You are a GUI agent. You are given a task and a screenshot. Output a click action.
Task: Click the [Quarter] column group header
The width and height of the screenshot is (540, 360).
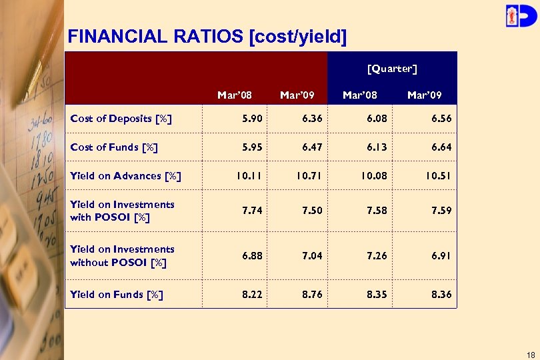pyautogui.click(x=392, y=69)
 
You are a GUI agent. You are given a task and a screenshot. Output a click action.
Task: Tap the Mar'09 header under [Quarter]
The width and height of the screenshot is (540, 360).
pyautogui.click(x=424, y=95)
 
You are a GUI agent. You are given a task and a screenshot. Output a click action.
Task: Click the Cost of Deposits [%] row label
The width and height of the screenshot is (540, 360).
pyautogui.click(x=121, y=119)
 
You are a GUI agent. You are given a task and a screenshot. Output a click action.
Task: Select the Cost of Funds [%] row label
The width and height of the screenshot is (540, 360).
pyautogui.click(x=114, y=147)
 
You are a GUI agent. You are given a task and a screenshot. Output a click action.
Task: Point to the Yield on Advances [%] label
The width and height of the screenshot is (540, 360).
pyautogui.click(x=125, y=176)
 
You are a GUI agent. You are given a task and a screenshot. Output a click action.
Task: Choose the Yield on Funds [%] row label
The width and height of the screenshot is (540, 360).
pyautogui.click(x=117, y=295)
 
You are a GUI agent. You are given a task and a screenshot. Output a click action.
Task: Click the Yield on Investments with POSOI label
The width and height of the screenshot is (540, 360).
pyautogui.click(x=122, y=211)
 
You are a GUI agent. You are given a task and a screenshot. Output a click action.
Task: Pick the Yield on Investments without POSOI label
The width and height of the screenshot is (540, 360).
pyautogui.click(x=122, y=256)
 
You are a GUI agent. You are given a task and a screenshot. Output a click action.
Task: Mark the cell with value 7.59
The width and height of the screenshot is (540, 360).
pyautogui.click(x=441, y=211)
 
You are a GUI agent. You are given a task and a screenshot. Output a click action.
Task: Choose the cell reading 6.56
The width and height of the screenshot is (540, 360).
pyautogui.click(x=441, y=119)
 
